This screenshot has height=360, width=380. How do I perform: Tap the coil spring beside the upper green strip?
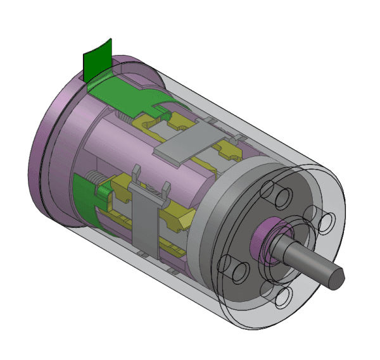(130, 117)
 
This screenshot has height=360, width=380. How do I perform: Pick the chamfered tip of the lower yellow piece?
(186, 221)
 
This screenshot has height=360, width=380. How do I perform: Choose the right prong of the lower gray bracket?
(166, 189)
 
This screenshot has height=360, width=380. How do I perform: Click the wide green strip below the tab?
(123, 92)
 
